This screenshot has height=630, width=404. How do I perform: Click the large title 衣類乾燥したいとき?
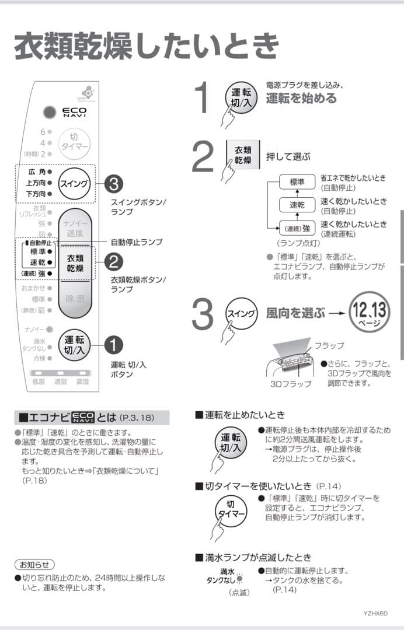(x=146, y=46)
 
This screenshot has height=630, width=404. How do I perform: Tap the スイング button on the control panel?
(x=74, y=184)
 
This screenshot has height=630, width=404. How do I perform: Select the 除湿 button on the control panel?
(x=74, y=299)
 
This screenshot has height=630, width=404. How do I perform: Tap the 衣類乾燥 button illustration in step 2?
(x=243, y=155)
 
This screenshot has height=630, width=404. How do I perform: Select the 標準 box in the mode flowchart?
(x=297, y=183)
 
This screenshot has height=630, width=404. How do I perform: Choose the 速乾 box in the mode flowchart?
(x=297, y=205)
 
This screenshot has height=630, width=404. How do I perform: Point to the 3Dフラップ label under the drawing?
(x=291, y=384)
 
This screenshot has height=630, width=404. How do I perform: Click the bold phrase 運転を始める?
(x=301, y=99)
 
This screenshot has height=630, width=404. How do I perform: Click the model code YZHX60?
(x=375, y=613)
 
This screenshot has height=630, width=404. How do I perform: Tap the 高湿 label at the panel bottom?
(x=82, y=381)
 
